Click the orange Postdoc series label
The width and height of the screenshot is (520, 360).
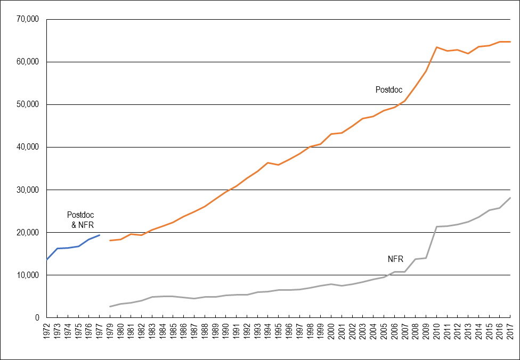point(388,90)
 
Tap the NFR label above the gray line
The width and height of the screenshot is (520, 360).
point(395,259)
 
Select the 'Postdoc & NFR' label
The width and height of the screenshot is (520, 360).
point(80,220)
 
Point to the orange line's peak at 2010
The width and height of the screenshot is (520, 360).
point(436,47)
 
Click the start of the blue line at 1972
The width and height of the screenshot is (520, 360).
point(47,259)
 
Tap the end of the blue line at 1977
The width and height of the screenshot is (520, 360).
point(100,235)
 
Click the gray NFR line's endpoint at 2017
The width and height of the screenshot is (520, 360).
point(510,198)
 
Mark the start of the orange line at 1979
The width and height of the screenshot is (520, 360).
point(110,241)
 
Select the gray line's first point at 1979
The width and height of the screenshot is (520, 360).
point(110,306)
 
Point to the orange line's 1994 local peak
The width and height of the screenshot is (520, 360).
point(268,162)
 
